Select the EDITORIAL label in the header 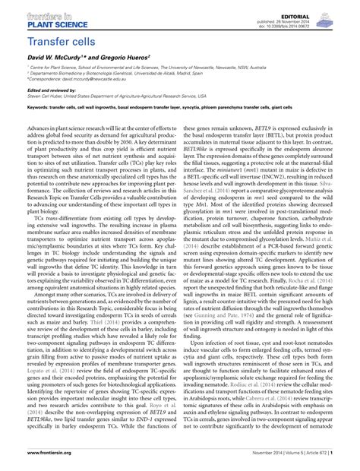[329, 5]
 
